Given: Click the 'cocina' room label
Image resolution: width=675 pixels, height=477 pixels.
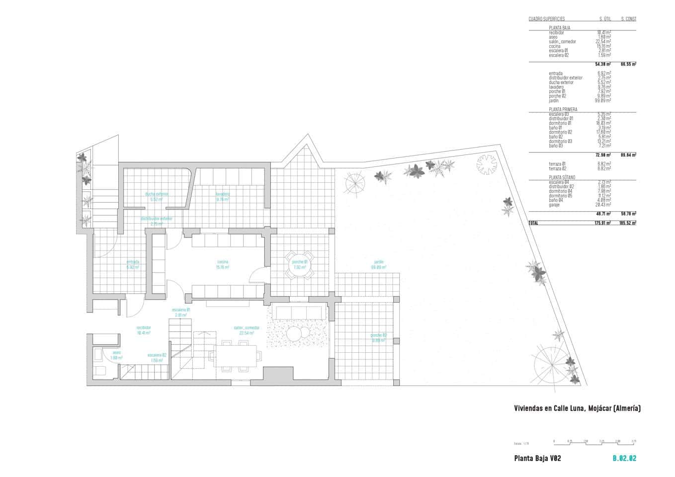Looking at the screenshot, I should point(223,262).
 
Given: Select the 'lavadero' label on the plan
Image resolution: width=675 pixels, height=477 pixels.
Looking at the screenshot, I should point(222,194).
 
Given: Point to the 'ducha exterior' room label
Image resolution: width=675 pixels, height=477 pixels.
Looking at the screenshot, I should point(157,194).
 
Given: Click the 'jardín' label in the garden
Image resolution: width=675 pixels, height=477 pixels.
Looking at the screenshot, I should point(379,262).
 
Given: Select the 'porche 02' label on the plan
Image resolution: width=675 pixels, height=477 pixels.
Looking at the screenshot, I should point(378,335).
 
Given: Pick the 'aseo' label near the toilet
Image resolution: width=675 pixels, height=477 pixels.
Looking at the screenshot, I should point(116,353).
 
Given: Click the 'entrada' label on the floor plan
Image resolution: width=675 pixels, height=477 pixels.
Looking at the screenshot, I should point(133,262).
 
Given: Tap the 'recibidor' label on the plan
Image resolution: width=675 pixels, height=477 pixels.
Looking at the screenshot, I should point(144,328).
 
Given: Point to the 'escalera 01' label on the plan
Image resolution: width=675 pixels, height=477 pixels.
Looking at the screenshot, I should point(181,310).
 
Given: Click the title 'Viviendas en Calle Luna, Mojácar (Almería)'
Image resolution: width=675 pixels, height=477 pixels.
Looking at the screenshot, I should point(577,408).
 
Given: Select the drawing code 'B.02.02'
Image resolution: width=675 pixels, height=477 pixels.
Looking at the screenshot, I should point(624,459).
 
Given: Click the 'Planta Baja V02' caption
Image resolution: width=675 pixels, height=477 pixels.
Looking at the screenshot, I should point(537,459).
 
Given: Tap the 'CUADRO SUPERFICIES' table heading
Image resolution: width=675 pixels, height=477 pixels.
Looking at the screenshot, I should point(546,19).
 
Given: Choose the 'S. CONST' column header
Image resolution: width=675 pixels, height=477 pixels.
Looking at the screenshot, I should point(628,19).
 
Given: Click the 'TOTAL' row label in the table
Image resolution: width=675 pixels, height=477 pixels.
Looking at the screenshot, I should point(533,223).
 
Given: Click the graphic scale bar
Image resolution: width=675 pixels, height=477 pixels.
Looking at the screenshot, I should point(594,441).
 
